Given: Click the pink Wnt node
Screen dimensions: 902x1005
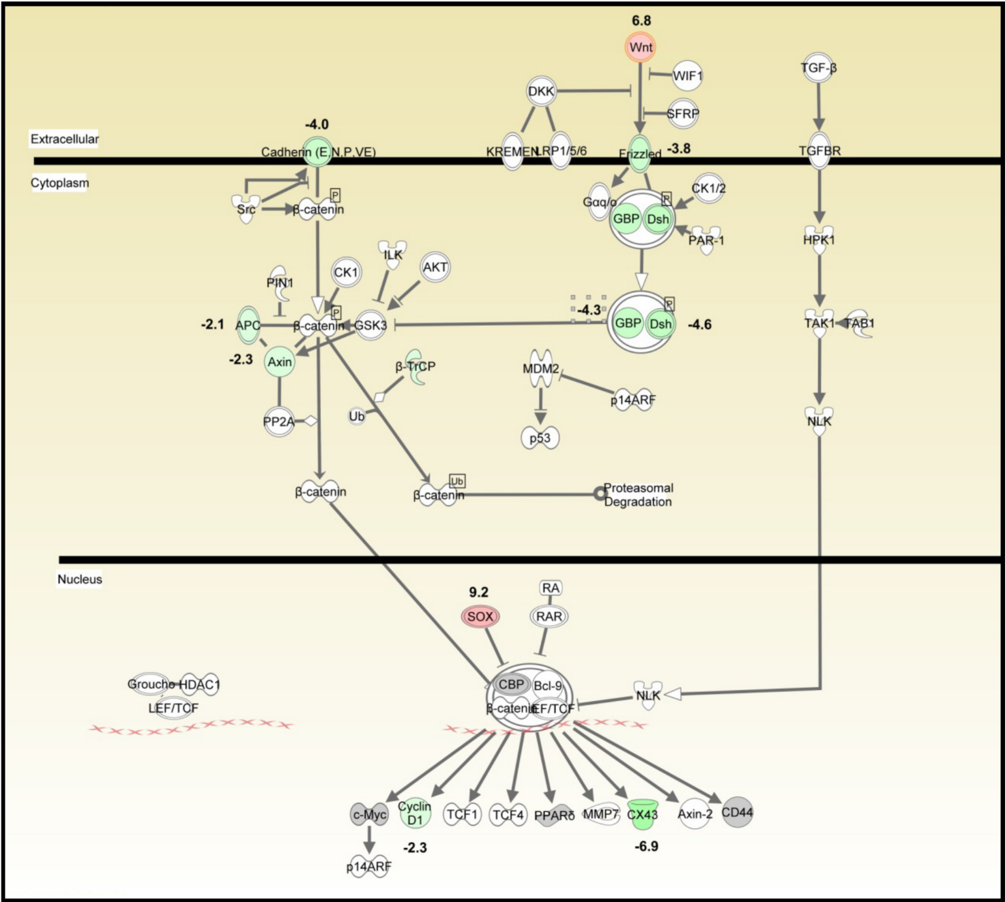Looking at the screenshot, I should [x=640, y=48].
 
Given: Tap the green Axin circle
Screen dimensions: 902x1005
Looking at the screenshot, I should [x=280, y=362].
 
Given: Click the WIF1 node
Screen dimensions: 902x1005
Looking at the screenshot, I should [x=687, y=76].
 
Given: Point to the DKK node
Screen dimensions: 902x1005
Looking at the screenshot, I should [x=541, y=91].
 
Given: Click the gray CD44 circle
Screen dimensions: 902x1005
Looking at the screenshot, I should [x=737, y=812].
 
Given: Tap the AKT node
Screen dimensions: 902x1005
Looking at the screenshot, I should [x=435, y=267].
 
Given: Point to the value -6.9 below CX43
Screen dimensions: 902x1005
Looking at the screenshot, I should [x=646, y=846].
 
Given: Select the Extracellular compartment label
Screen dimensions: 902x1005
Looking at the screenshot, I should [x=64, y=139].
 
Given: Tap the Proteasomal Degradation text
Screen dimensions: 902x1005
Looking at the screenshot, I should [x=638, y=494].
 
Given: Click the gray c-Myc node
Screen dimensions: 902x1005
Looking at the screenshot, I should [x=369, y=814].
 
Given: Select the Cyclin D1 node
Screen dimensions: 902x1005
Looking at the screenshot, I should [x=415, y=813].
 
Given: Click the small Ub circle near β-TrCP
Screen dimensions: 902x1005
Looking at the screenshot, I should [x=356, y=416].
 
